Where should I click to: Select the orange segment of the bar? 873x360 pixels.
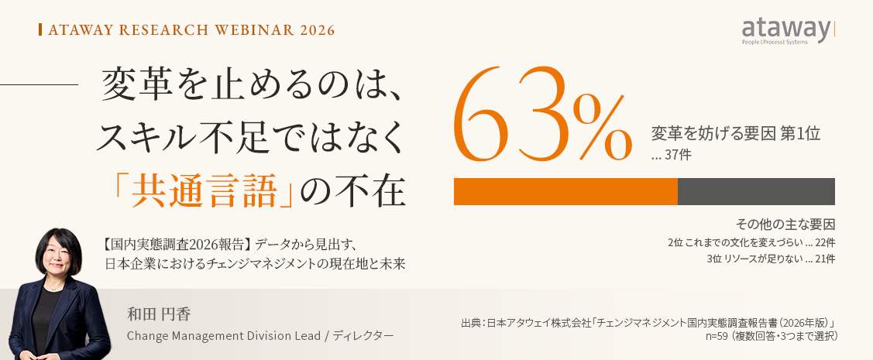click(565, 191)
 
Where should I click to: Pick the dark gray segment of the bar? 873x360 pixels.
click(756, 191)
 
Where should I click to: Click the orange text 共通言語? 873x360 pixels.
click(204, 191)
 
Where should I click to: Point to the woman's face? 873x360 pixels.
click(58, 259)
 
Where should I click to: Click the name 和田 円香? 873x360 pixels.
click(159, 315)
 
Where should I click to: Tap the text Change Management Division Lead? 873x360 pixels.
click(224, 335)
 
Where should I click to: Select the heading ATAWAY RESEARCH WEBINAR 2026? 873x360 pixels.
click(191, 30)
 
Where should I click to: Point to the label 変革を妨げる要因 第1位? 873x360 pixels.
click(735, 134)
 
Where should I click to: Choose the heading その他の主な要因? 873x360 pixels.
click(785, 225)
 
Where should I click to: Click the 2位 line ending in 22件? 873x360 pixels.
click(751, 242)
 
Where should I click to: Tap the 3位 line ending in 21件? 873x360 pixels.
click(771, 259)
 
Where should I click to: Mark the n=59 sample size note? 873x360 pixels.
click(771, 335)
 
